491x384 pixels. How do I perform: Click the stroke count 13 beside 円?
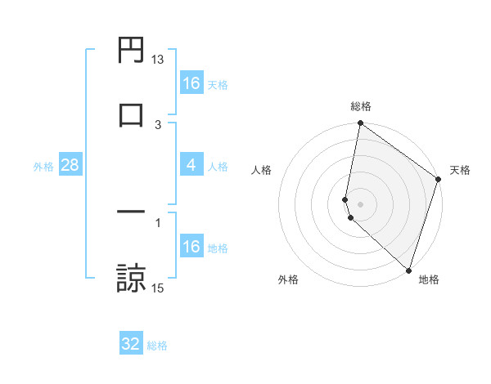[x=158, y=60]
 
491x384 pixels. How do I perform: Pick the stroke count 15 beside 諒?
[x=158, y=288]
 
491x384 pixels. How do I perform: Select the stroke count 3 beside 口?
[x=158, y=124]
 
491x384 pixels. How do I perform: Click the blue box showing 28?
[x=70, y=166]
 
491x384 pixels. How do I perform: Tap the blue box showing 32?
[x=131, y=344]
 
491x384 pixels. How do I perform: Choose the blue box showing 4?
[x=191, y=166]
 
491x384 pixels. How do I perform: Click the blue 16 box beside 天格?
[x=191, y=83]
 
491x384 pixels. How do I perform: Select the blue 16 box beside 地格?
[x=191, y=247]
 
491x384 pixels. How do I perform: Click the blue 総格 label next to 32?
[x=157, y=346]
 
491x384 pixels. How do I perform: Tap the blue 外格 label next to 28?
[x=43, y=167]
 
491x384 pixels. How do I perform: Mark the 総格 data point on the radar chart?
[x=360, y=124]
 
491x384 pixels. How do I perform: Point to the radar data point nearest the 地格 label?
[x=408, y=270]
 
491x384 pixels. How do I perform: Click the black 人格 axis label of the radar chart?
[x=261, y=170]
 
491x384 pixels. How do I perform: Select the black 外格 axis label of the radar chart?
[x=288, y=279]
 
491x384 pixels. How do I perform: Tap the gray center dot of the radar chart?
[x=360, y=203]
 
